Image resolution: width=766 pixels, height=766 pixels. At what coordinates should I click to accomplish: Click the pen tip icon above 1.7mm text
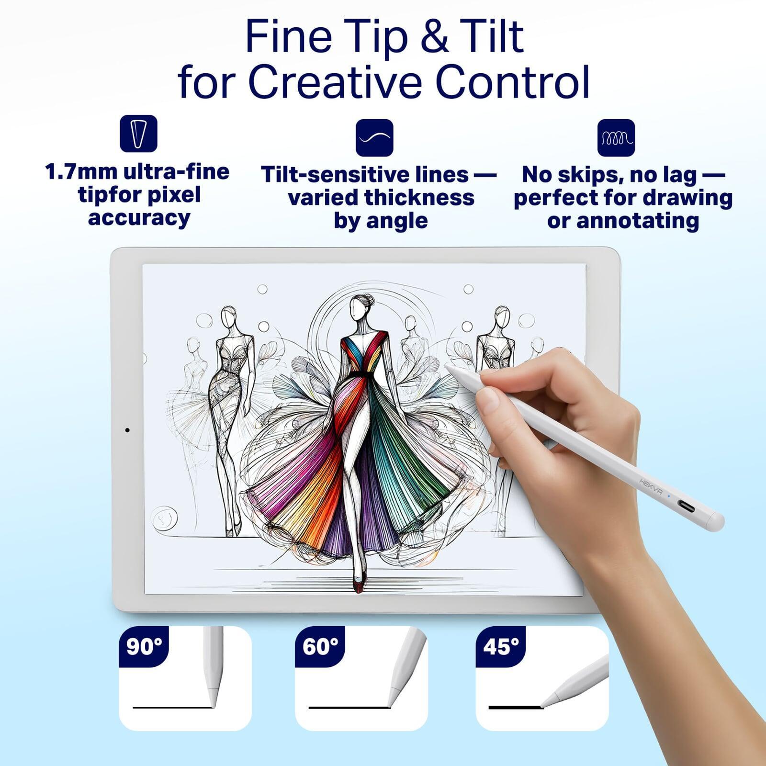click(x=138, y=134)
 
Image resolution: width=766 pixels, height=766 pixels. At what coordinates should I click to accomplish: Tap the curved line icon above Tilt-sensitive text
click(x=374, y=138)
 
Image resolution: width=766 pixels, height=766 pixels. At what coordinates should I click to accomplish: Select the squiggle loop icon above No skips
click(x=616, y=138)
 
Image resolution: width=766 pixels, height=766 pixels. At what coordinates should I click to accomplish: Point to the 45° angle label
click(x=501, y=647)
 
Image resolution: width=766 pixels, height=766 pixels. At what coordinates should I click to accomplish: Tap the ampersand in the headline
click(x=435, y=37)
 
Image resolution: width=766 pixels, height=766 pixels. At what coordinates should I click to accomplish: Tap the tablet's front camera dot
click(x=127, y=430)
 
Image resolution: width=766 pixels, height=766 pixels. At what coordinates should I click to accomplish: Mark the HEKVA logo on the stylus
click(x=651, y=485)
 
